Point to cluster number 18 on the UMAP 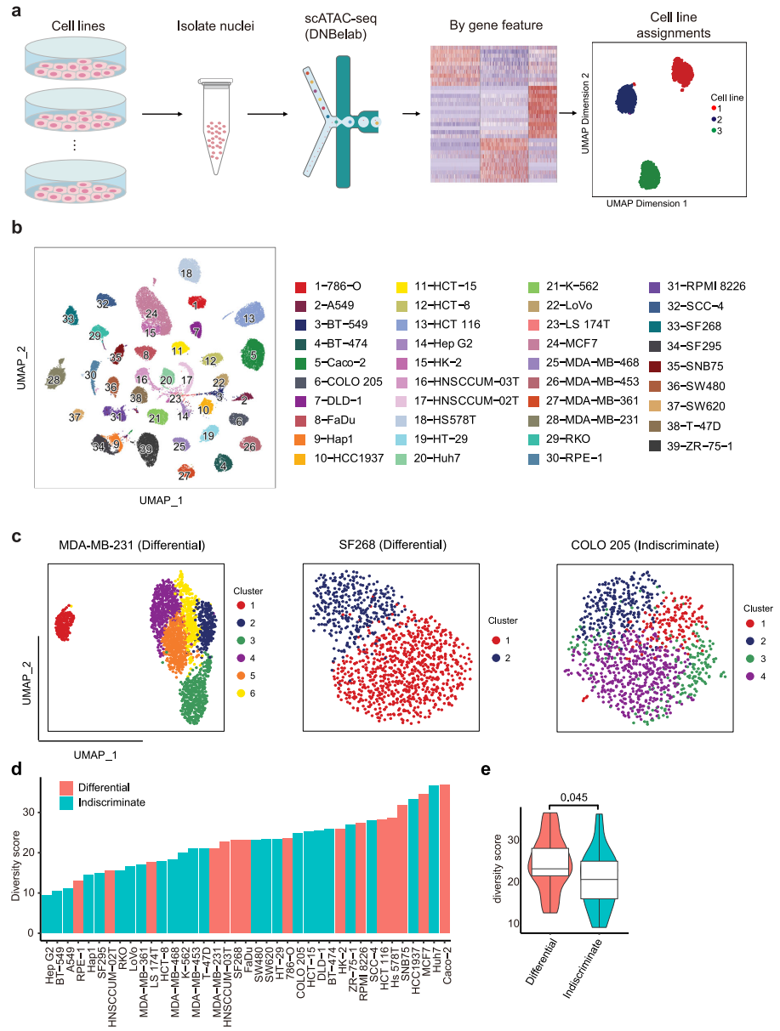[x=186, y=273]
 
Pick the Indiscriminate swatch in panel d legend [x=68, y=802]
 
